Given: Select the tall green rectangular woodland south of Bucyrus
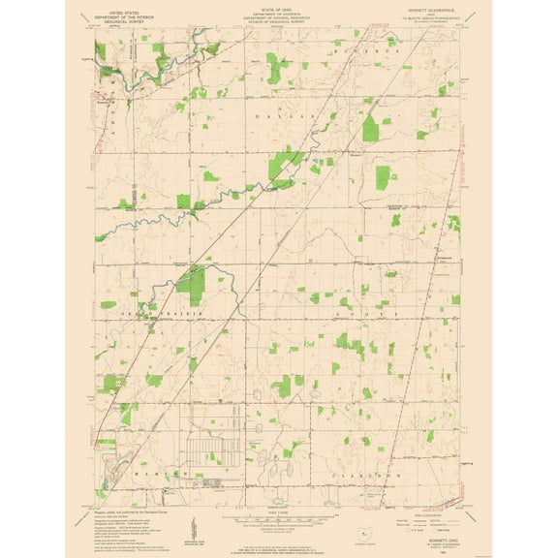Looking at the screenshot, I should pos(383,176).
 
